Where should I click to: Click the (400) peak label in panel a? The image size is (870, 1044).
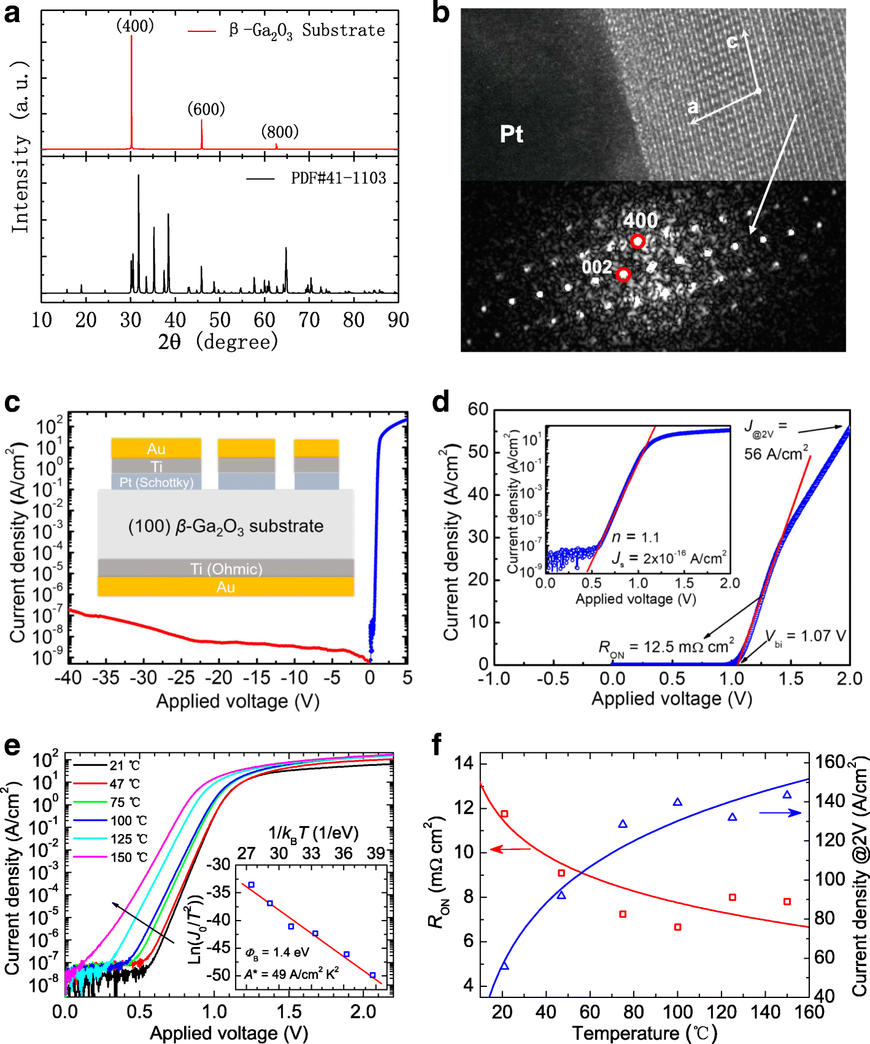pyautogui.click(x=135, y=26)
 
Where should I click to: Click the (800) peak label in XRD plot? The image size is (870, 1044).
pyautogui.click(x=280, y=131)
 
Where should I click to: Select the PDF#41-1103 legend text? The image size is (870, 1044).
pyautogui.click(x=338, y=178)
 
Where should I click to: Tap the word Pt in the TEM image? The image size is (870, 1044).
pyautogui.click(x=511, y=134)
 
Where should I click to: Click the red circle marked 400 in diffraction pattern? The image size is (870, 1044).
pyautogui.click(x=638, y=241)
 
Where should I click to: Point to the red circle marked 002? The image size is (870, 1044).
pyautogui.click(x=623, y=274)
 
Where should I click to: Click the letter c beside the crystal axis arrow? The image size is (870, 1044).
pyautogui.click(x=731, y=41)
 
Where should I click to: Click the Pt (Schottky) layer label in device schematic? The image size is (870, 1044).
pyautogui.click(x=156, y=482)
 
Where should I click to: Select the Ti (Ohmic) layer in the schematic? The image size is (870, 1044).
pyautogui.click(x=226, y=568)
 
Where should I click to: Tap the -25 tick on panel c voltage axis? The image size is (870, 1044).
pyautogui.click(x=182, y=678)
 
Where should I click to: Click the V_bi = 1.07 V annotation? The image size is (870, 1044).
pyautogui.click(x=805, y=636)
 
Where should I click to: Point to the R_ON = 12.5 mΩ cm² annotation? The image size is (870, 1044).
pyautogui.click(x=666, y=647)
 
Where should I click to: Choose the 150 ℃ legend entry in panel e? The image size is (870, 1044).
pyautogui.click(x=129, y=857)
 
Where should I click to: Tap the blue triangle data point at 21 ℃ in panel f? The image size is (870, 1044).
pyautogui.click(x=504, y=966)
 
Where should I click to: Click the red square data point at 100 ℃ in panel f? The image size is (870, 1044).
pyautogui.click(x=678, y=927)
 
